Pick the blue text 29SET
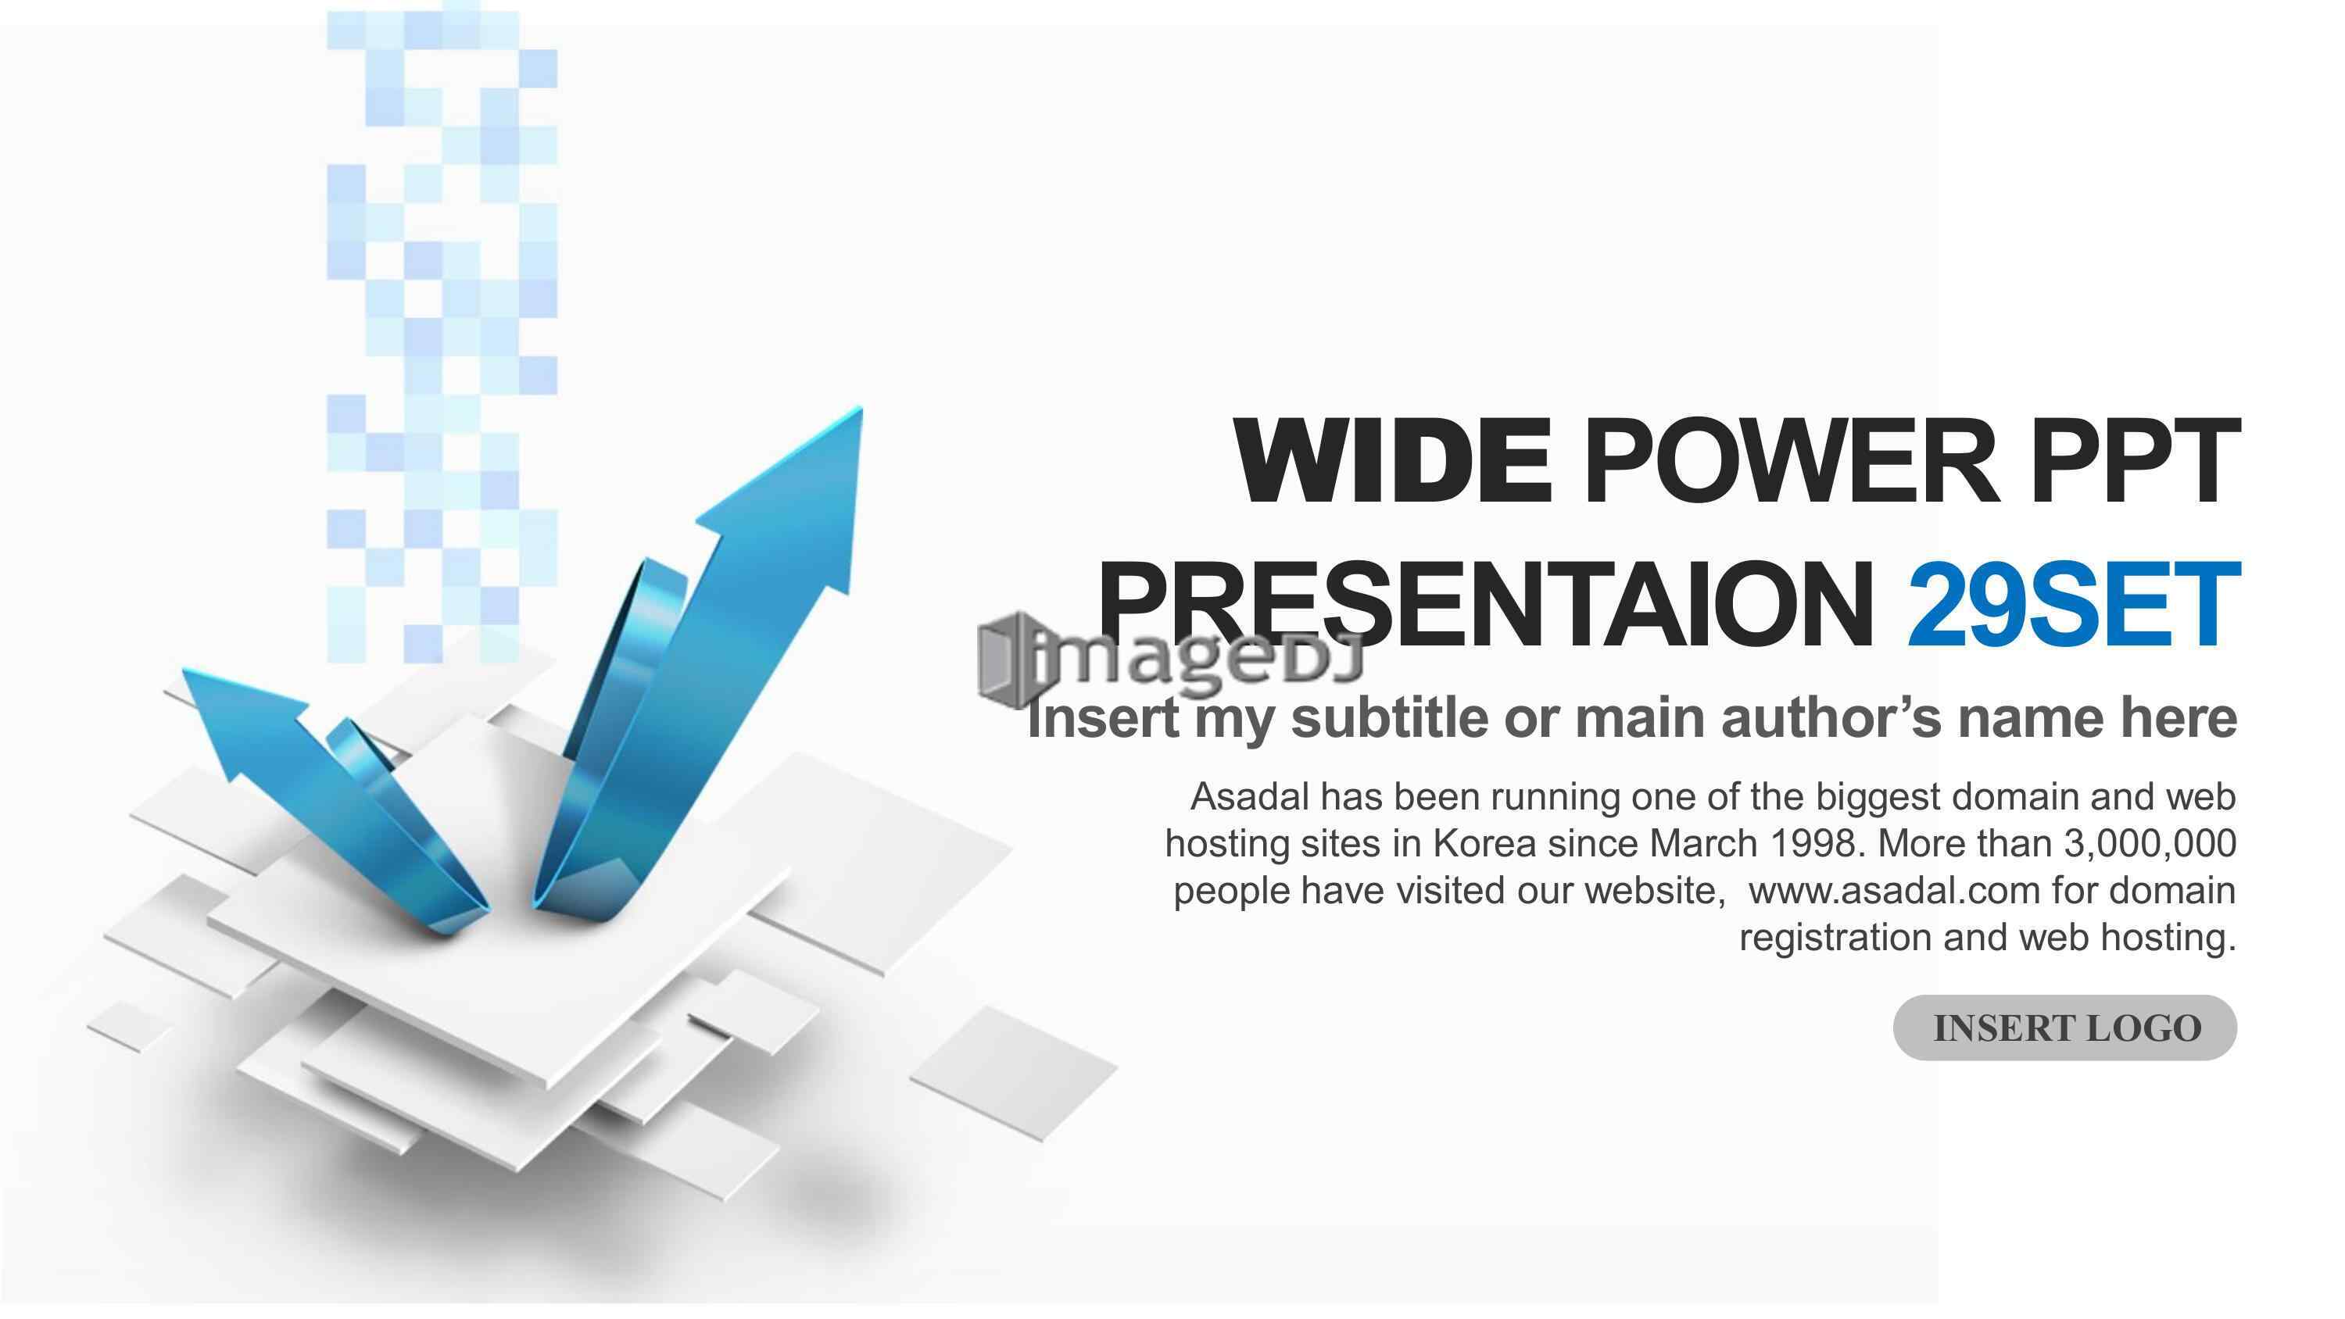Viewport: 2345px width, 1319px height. point(2073,605)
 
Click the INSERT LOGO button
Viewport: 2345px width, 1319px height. point(2064,1028)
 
